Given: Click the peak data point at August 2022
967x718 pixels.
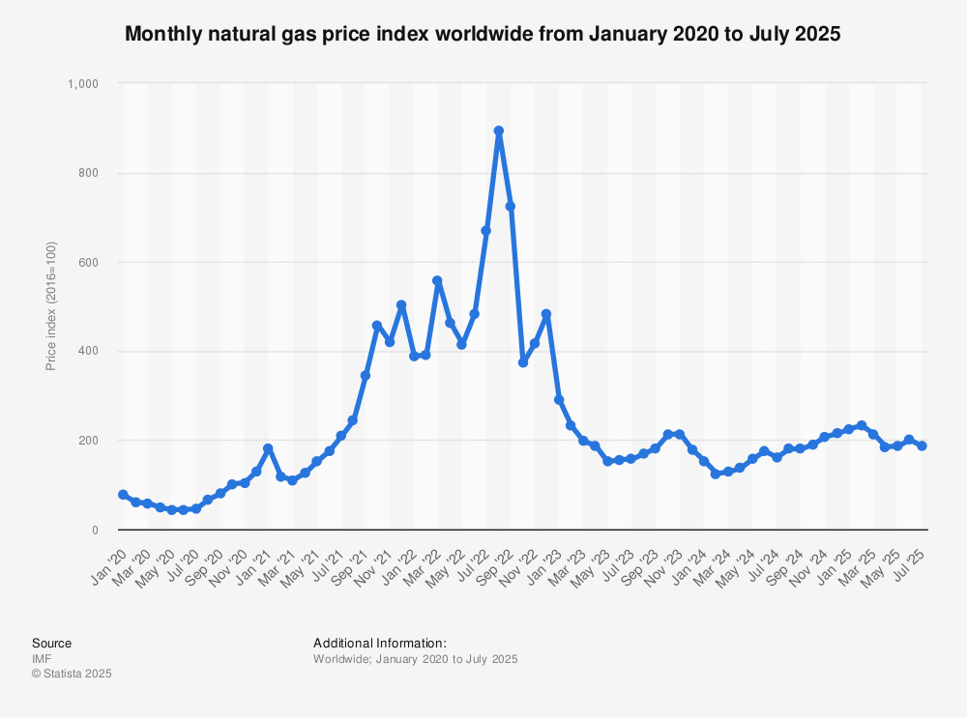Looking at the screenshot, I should pyautogui.click(x=499, y=130).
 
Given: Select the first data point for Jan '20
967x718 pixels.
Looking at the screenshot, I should pyautogui.click(x=123, y=495).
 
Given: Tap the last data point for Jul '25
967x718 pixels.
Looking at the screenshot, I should pyautogui.click(x=922, y=445).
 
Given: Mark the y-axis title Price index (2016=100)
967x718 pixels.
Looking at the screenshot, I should pyautogui.click(x=50, y=306).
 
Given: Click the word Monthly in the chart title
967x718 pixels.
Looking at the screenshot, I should pyautogui.click(x=161, y=34).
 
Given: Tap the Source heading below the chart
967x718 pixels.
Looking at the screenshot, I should pyautogui.click(x=51, y=643).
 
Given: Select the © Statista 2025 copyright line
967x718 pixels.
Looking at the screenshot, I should pyautogui.click(x=72, y=674).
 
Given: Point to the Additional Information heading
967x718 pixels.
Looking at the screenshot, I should pyautogui.click(x=379, y=643).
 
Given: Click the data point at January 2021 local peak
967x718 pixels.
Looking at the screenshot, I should pyautogui.click(x=268, y=448).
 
